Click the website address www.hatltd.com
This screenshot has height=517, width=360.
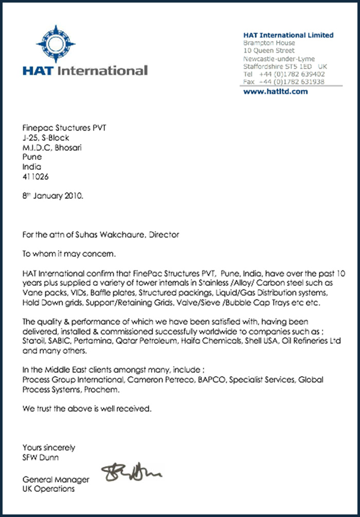(x=275, y=91)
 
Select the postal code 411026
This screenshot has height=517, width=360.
(x=36, y=176)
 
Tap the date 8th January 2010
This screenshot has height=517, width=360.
(x=53, y=196)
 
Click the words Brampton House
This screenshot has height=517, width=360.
(x=269, y=43)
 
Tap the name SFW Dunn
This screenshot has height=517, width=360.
(x=41, y=457)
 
